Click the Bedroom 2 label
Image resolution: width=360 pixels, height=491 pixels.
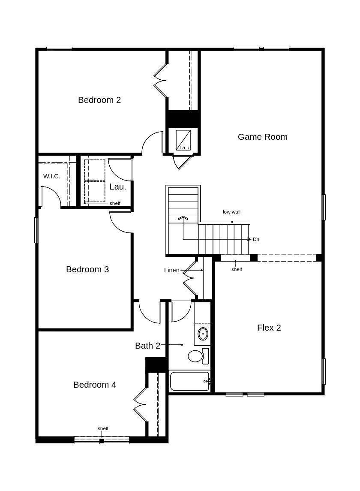point(99,100)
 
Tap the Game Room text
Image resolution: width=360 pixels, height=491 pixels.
point(262,137)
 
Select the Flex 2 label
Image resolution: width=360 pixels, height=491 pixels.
point(269,328)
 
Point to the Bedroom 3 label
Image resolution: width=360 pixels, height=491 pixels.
point(87,269)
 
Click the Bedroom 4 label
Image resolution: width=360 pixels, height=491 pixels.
point(94,385)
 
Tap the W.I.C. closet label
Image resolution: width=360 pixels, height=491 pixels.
point(51,176)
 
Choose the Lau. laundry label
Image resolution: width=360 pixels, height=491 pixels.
point(117,187)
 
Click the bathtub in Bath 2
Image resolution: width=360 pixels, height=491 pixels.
point(189,381)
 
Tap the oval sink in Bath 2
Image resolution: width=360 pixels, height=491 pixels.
point(203,333)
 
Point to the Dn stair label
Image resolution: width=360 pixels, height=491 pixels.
point(256,239)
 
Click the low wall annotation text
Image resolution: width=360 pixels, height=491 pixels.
point(231,212)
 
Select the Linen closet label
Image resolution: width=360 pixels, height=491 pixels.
point(171,270)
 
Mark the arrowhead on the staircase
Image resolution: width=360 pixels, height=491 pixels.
point(183,218)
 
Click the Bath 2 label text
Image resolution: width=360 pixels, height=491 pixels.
point(147,346)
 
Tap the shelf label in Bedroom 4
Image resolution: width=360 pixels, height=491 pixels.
point(103,428)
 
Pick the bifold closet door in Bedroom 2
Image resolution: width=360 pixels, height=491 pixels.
point(160,81)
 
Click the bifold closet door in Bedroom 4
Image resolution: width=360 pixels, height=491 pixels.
point(140,404)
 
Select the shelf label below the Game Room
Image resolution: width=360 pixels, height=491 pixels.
point(237,269)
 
